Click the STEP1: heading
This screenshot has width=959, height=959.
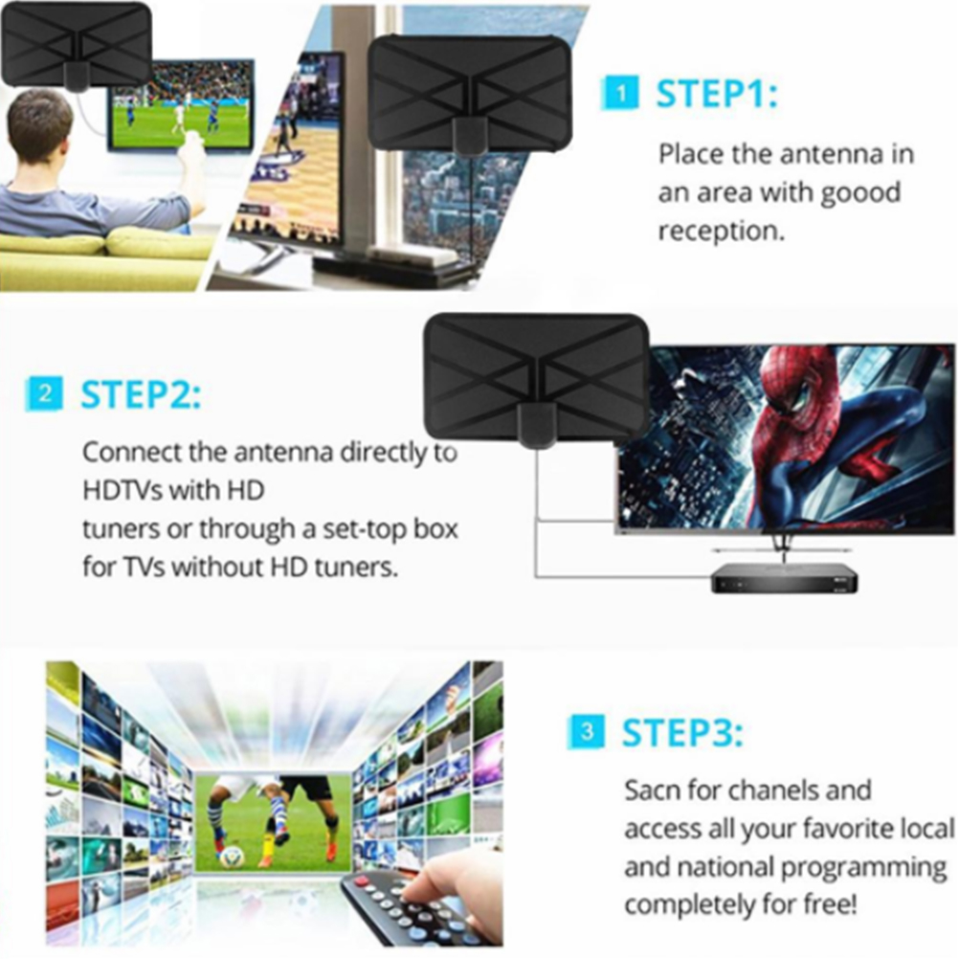tap(716, 94)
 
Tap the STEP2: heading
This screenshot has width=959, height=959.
tap(141, 394)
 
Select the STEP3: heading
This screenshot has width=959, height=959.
tap(682, 732)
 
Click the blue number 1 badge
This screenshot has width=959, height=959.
tap(620, 94)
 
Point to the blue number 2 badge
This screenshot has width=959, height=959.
tap(45, 394)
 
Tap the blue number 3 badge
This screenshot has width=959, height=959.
tap(587, 731)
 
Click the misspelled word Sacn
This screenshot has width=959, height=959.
tap(652, 791)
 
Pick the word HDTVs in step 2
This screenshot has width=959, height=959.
tap(122, 490)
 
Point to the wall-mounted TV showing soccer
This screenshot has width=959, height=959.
tap(181, 105)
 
